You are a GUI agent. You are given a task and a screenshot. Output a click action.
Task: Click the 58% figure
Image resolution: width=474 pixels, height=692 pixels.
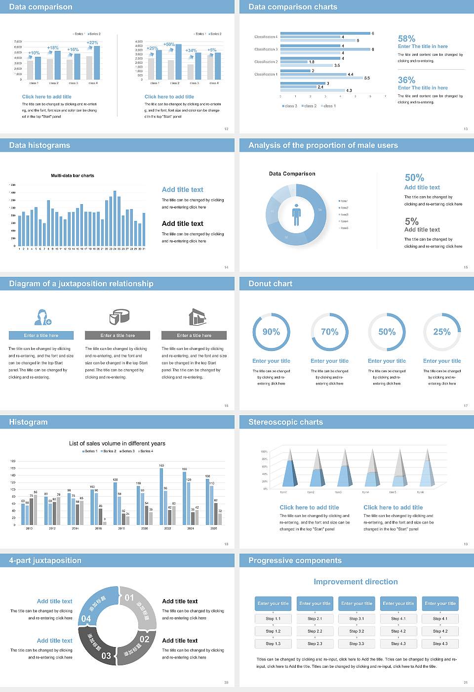(x=406, y=39)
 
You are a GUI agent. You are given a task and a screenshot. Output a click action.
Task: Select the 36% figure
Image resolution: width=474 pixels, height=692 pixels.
(x=406, y=80)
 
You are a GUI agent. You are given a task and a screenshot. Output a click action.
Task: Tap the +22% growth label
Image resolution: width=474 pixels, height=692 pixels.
(x=92, y=43)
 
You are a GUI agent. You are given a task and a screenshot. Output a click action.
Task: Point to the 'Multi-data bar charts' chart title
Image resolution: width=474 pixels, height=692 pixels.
(x=73, y=175)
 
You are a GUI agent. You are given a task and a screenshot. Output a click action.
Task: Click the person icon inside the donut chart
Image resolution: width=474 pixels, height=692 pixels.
(x=296, y=214)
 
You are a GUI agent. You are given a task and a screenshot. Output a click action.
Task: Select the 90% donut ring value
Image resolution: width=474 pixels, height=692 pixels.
(x=271, y=332)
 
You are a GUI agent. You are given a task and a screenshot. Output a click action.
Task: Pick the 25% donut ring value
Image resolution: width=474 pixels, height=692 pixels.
(x=441, y=332)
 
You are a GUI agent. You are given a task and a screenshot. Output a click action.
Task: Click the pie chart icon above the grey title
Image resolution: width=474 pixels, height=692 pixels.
(x=119, y=316)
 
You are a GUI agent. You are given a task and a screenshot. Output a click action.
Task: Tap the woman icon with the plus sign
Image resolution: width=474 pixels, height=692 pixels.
(x=42, y=316)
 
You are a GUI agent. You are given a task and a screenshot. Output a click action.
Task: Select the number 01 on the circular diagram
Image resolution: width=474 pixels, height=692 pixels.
(x=129, y=598)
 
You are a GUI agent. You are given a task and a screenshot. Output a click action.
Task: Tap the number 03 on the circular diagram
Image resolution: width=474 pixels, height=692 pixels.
(x=106, y=656)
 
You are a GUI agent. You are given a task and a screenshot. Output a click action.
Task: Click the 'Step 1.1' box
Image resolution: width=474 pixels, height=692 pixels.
(x=273, y=618)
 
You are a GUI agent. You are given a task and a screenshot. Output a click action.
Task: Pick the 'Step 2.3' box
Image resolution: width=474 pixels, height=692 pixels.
(x=315, y=644)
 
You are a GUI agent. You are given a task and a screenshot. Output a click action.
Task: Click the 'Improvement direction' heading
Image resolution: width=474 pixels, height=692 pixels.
(x=355, y=582)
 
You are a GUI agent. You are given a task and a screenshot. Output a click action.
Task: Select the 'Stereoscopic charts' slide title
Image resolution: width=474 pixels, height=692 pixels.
(x=285, y=422)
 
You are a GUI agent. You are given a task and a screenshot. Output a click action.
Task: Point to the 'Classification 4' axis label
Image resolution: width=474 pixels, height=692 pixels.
(x=266, y=37)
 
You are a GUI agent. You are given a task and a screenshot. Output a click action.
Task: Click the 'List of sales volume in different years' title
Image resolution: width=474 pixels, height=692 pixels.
(x=117, y=443)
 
